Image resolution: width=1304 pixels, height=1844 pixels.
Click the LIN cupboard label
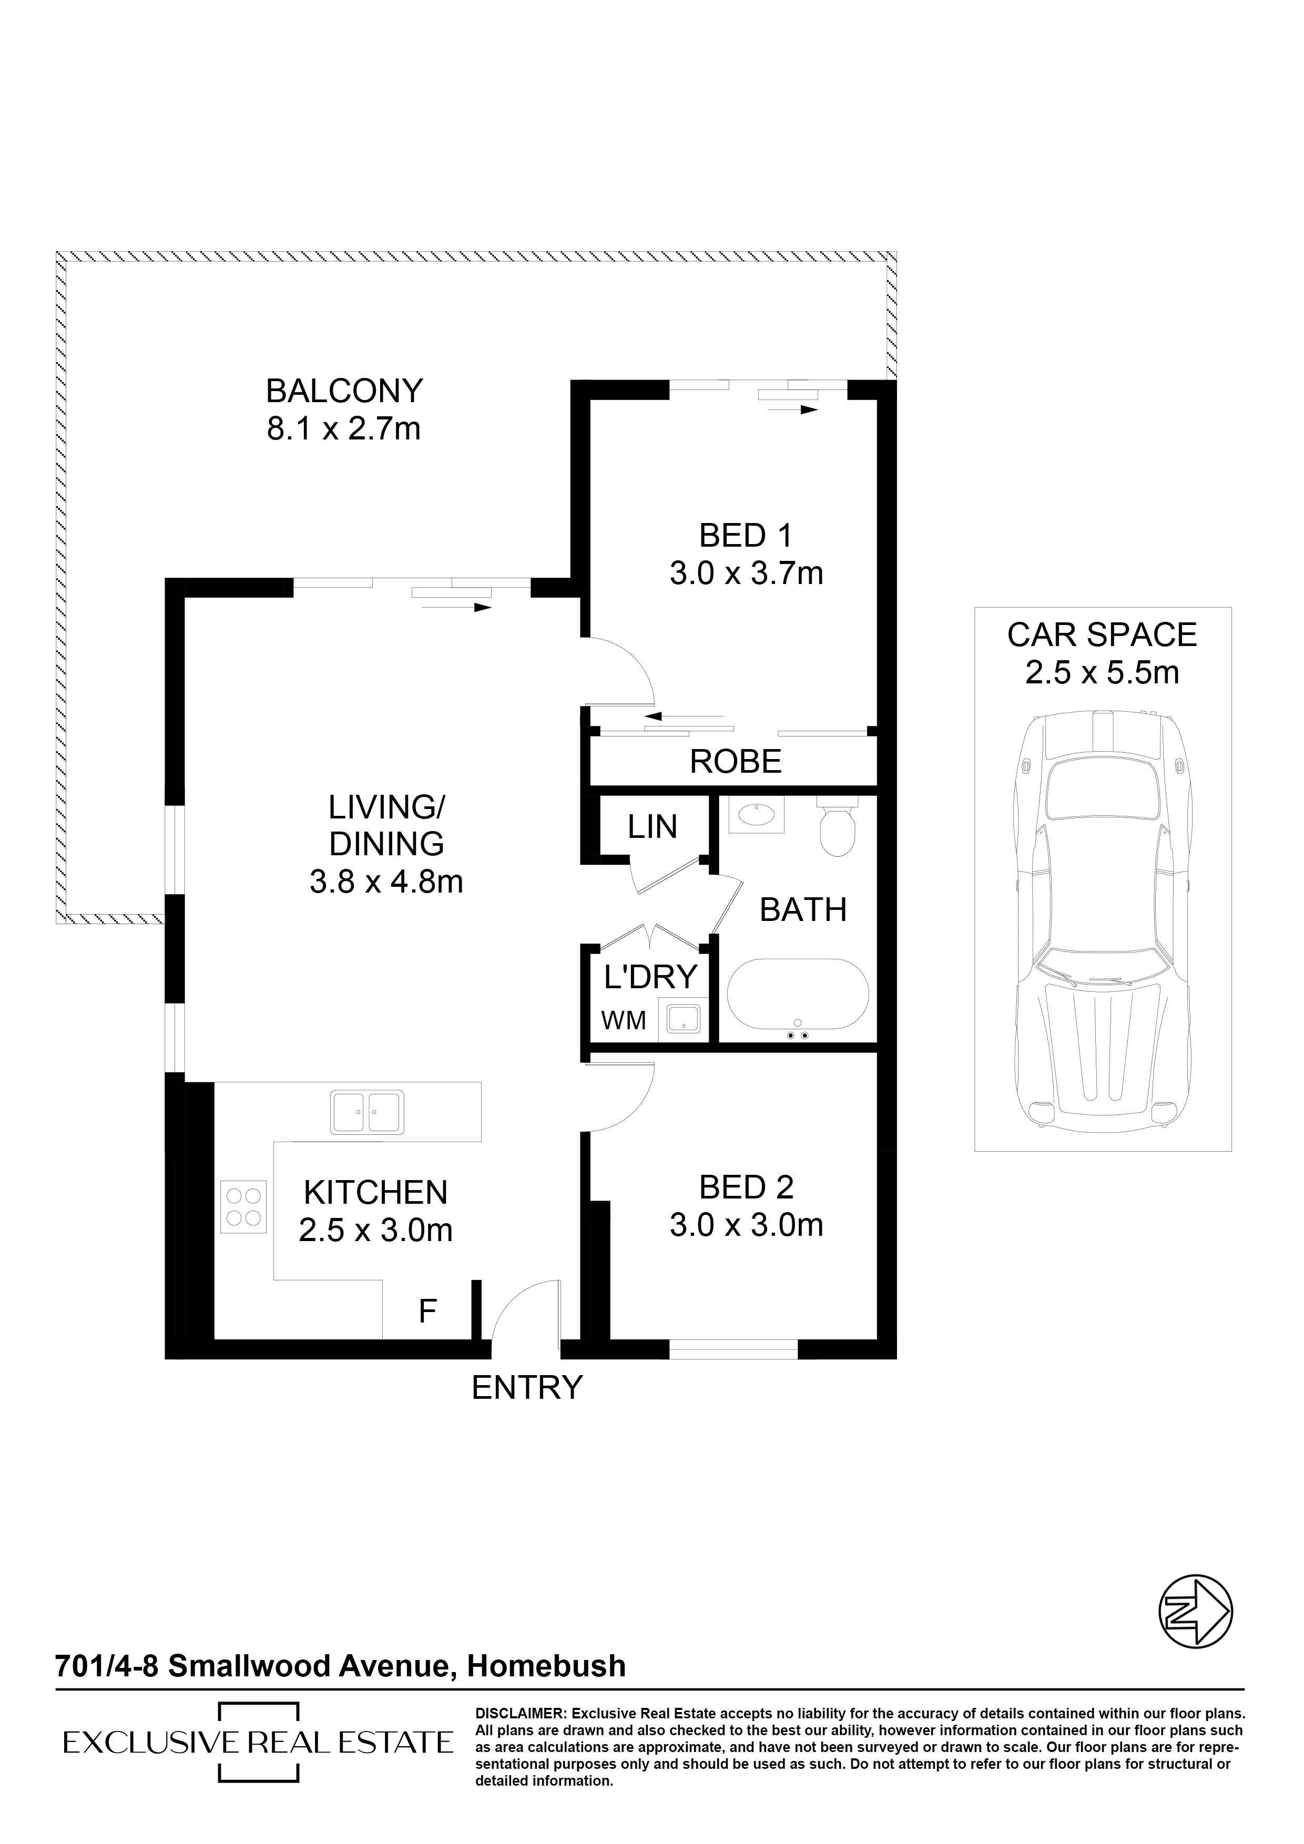[653, 826]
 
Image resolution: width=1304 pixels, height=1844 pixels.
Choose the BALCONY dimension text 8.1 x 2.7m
[344, 429]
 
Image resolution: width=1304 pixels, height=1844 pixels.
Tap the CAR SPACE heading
[1102, 636]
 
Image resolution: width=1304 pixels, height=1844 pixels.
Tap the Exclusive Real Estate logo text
[258, 1742]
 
